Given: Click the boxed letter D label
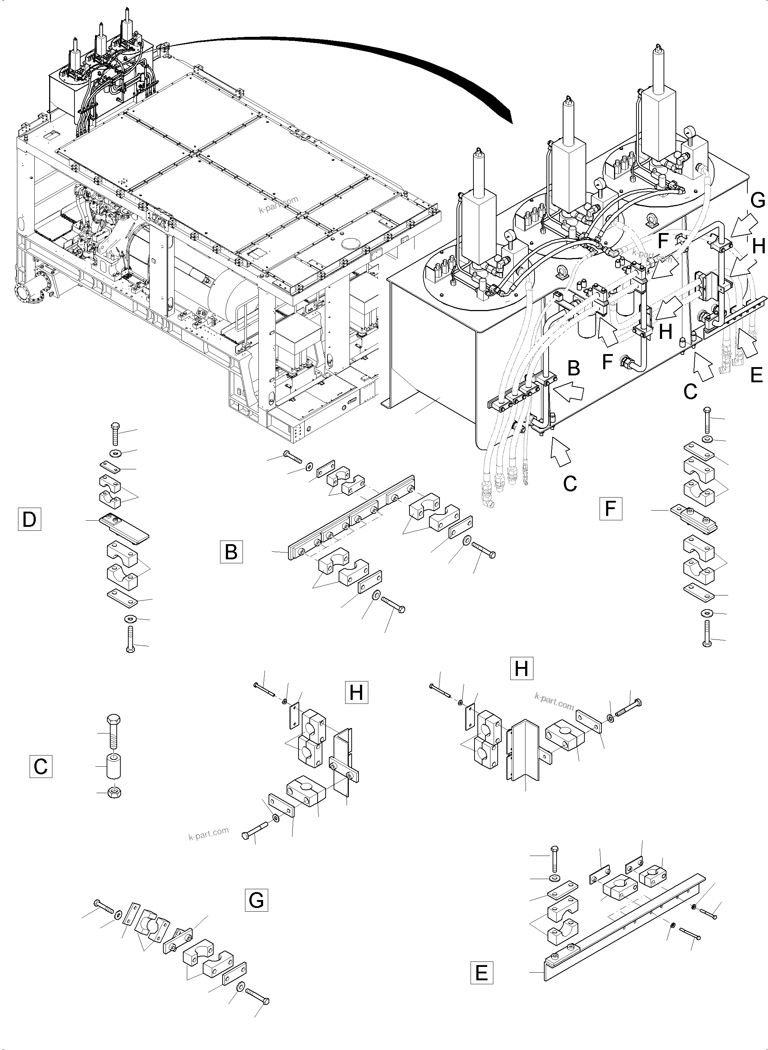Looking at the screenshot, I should [x=29, y=519].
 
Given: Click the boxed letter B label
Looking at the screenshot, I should [x=231, y=552].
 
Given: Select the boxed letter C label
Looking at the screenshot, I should [x=40, y=766].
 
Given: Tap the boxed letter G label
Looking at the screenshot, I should [x=256, y=900].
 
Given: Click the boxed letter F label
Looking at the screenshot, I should [x=610, y=508].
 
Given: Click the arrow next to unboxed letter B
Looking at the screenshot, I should [x=570, y=392].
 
